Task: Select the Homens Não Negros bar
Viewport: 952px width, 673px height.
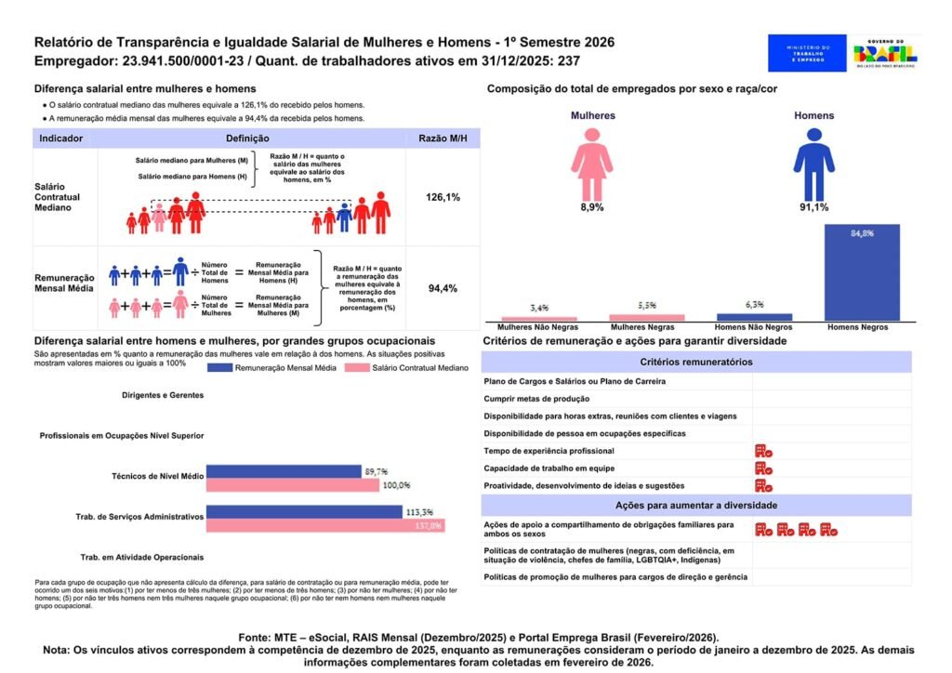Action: point(754,317)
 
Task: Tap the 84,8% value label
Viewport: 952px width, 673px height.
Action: point(862,233)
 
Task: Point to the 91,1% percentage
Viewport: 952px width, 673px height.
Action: point(813,207)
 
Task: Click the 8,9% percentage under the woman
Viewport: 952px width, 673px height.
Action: point(591,207)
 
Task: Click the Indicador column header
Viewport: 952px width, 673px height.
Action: point(61,139)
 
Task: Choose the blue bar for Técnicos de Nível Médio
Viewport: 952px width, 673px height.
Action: point(284,471)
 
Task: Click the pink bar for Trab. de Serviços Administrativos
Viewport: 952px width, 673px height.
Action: point(324,525)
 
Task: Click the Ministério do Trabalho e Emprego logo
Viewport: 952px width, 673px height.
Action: point(806,53)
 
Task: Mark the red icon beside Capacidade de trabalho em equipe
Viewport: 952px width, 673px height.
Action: point(763,468)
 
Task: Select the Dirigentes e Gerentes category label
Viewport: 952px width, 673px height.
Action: point(162,395)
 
